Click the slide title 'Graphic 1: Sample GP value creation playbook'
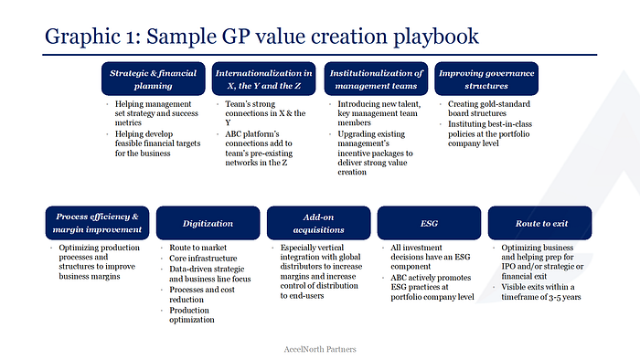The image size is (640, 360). click(261, 37)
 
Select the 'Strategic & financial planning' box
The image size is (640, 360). click(154, 79)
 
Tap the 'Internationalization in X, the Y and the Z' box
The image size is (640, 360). click(263, 79)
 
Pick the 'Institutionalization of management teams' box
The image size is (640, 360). click(376, 79)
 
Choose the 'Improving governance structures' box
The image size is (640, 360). click(486, 79)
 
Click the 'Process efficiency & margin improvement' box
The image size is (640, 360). click(97, 223)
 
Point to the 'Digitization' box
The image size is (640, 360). click(208, 223)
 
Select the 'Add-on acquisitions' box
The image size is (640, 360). click(319, 223)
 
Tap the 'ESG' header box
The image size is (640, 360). click(429, 223)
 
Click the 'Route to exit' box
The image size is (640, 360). click(539, 223)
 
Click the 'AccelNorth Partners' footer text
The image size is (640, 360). click(320, 349)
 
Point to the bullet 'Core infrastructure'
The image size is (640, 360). click(203, 258)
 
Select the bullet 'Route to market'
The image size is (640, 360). click(197, 248)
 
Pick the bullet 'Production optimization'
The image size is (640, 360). click(191, 314)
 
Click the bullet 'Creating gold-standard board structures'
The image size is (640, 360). click(489, 109)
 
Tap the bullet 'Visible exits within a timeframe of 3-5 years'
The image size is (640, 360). click(541, 291)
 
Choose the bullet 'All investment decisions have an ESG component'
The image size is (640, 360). click(431, 257)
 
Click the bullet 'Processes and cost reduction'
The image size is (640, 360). click(202, 294)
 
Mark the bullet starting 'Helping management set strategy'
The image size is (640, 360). click(156, 113)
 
